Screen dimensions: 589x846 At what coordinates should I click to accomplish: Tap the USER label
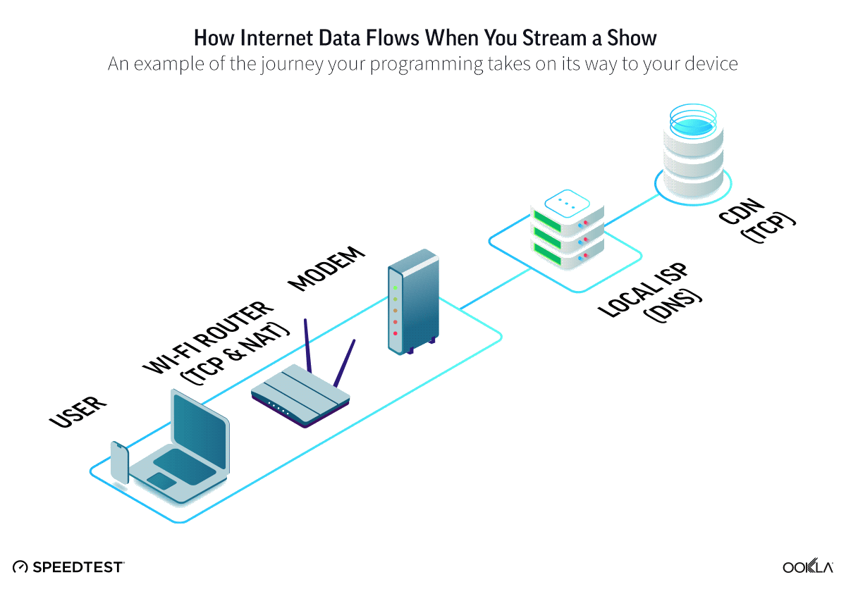pos(78,411)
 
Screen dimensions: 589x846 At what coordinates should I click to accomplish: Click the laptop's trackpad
pos(161,480)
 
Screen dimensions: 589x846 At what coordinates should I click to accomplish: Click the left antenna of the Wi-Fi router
pos(307,345)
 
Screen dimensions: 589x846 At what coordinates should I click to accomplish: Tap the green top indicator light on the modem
pos(396,287)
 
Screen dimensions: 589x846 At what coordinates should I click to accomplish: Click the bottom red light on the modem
pos(396,333)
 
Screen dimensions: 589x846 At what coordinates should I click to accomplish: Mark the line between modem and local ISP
pos(493,289)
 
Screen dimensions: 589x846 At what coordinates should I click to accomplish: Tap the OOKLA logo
pos(807,566)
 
